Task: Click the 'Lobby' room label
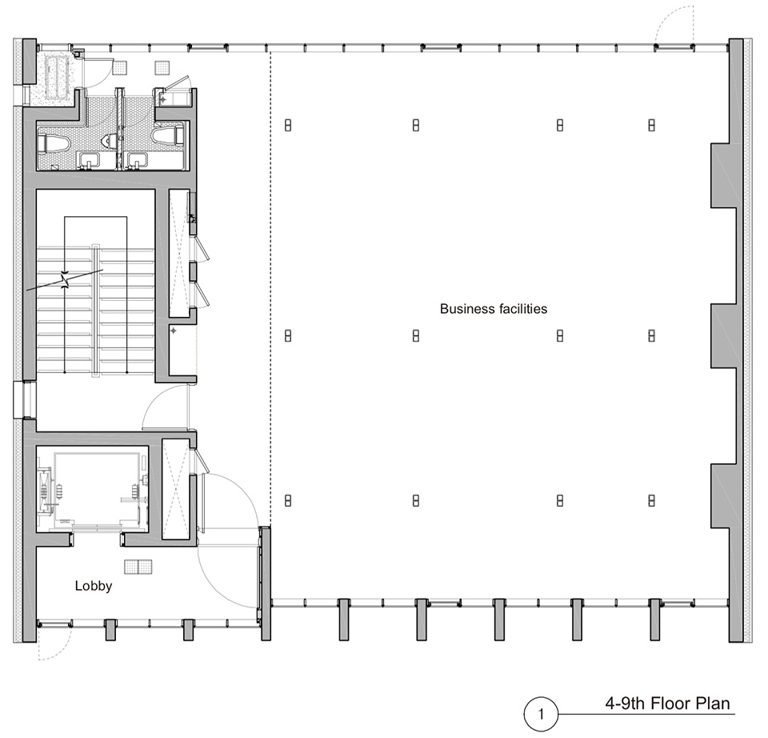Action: [x=94, y=586]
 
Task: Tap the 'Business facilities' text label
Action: [x=494, y=309]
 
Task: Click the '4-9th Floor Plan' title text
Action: [x=667, y=704]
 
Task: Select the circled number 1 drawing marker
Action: [x=541, y=714]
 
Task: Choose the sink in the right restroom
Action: [x=137, y=159]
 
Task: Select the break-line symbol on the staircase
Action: [x=65, y=280]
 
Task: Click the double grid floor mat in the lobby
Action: [x=138, y=567]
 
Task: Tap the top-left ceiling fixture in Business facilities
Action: [x=288, y=125]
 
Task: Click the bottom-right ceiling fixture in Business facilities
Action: [x=651, y=500]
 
